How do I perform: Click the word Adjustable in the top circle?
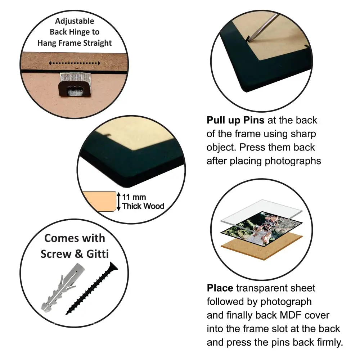coord(75,21)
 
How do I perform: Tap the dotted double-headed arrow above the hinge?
coord(75,63)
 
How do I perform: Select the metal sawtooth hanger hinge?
coord(75,84)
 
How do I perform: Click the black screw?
coord(92,288)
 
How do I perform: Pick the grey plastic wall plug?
coord(62,288)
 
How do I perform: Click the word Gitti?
coord(97,254)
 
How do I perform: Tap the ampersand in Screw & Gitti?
coord(79,254)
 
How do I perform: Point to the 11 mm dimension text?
coord(134,197)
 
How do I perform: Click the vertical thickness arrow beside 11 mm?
coord(118,202)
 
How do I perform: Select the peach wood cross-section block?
coord(99,201)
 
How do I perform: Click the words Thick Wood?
coord(143,206)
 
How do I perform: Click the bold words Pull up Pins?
coord(235,120)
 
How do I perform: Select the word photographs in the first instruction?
coord(293,161)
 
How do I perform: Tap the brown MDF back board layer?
coord(262,248)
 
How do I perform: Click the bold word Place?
coord(220,288)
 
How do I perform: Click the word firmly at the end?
coord(330,342)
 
